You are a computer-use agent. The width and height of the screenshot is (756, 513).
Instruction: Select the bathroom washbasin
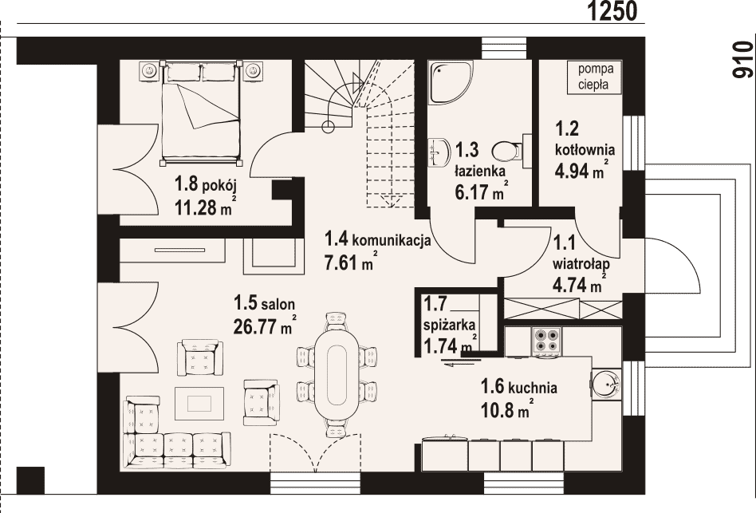[x=438, y=152]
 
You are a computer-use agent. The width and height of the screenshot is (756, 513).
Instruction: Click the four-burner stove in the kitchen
[x=546, y=341]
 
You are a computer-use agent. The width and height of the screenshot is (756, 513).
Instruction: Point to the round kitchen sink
[x=605, y=384]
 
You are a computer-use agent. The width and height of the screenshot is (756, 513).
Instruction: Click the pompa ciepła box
[x=596, y=77]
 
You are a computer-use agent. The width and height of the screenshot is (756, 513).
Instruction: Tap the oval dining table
[x=336, y=376]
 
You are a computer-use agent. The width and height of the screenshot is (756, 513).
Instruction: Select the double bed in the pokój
[x=202, y=110]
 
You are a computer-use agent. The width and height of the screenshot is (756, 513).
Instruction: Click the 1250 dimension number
[x=612, y=11]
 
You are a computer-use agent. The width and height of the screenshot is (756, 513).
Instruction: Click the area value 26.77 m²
[x=265, y=326]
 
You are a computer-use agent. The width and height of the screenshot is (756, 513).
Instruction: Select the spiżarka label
[x=449, y=325]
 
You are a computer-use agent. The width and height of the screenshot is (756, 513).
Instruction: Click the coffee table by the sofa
[x=199, y=403]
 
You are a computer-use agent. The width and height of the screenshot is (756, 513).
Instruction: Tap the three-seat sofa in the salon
[x=176, y=450]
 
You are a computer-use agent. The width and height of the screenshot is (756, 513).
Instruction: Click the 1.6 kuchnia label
[x=519, y=387]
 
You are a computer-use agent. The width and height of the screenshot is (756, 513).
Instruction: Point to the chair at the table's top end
[x=336, y=320]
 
